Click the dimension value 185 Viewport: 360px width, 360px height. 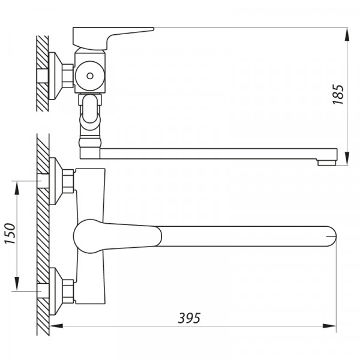(x=338, y=95)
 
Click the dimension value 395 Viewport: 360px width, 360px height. (x=190, y=318)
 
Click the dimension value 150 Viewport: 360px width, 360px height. (x=10, y=233)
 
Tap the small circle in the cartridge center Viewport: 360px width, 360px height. (x=90, y=76)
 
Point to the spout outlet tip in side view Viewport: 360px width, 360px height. (x=327, y=163)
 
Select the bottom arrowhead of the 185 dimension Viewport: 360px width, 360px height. (x=347, y=158)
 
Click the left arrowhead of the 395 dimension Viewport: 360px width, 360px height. (x=56, y=326)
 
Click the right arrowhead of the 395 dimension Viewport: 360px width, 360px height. (x=329, y=326)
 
